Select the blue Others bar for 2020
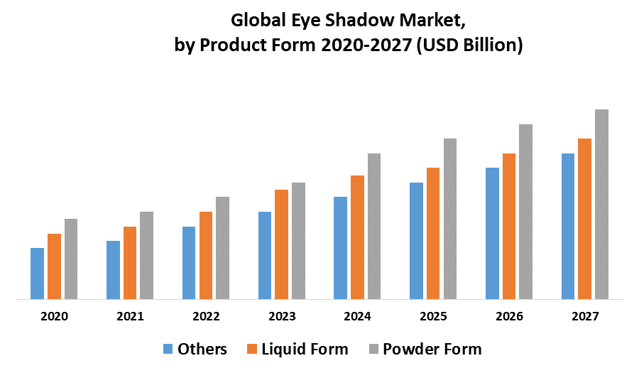pyautogui.click(x=37, y=274)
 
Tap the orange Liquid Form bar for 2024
pyautogui.click(x=357, y=237)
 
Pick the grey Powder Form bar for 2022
pyautogui.click(x=223, y=248)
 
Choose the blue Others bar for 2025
pyautogui.click(x=416, y=241)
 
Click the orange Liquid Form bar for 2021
pyautogui.click(x=130, y=263)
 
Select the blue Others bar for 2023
pyautogui.click(x=265, y=255)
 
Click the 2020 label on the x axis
pyautogui.click(x=55, y=317)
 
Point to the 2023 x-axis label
pyautogui.click(x=282, y=317)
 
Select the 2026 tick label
pyautogui.click(x=508, y=317)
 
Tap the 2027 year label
pyautogui.click(x=584, y=317)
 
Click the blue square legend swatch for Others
pyautogui.click(x=168, y=349)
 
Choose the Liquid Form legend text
pyautogui.click(x=305, y=349)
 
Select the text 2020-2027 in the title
pyautogui.click(x=363, y=46)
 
